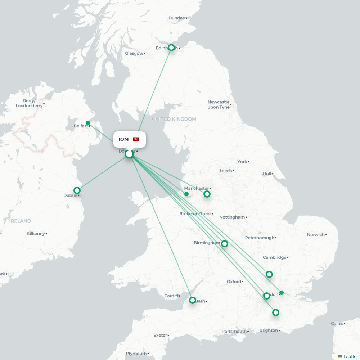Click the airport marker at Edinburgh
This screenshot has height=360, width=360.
(171, 48)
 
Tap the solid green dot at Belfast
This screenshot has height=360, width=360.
(88, 123)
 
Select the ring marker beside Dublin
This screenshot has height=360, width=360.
(77, 190)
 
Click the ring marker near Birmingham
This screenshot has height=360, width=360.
(225, 244)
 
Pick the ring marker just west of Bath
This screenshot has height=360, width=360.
(193, 300)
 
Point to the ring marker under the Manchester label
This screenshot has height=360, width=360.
(207, 194)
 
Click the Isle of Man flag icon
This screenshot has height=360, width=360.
(136, 139)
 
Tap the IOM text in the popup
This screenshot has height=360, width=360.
(123, 139)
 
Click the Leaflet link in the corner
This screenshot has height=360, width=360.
(350, 356)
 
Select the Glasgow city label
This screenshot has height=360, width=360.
(134, 53)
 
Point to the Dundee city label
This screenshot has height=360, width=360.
(177, 18)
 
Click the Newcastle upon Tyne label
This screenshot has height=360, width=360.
(218, 105)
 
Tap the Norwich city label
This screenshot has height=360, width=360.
(316, 235)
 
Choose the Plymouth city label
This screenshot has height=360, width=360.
(136, 354)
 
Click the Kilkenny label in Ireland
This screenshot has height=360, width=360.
(36, 234)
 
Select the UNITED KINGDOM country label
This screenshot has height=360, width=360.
(174, 119)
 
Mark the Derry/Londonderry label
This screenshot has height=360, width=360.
(29, 103)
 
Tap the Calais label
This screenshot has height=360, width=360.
(337, 324)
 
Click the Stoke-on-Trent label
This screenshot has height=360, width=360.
(195, 214)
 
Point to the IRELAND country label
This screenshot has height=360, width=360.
(20, 221)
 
